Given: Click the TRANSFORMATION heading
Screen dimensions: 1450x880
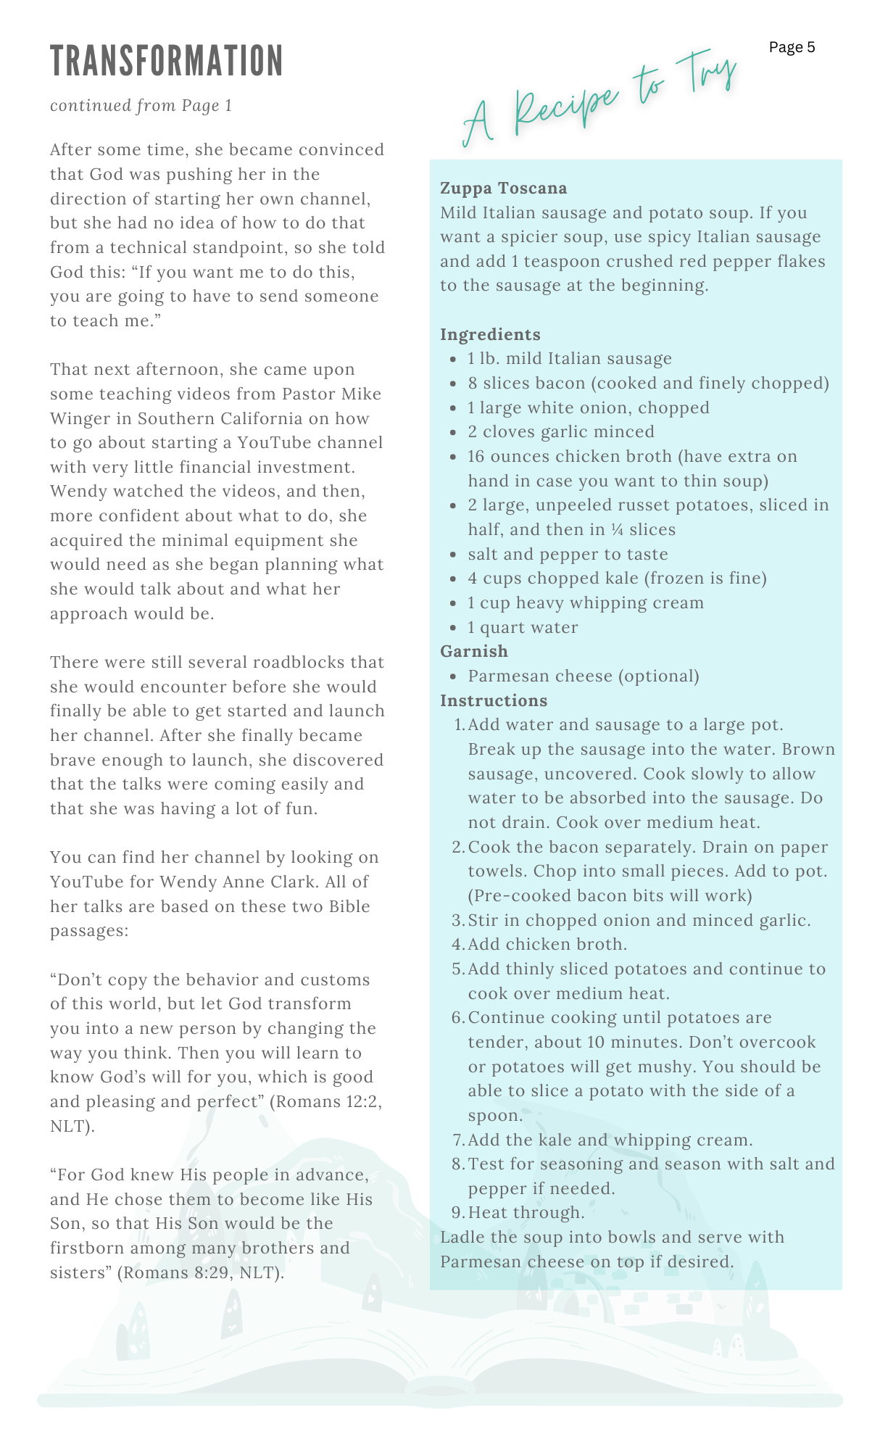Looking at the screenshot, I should tap(167, 61).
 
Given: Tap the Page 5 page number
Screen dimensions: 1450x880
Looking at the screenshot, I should tap(792, 47).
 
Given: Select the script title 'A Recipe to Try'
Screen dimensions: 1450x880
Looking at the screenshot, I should tap(599, 98).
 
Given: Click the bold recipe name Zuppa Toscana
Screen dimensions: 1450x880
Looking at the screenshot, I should tap(503, 188).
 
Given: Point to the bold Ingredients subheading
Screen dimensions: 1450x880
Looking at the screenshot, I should tap(490, 335).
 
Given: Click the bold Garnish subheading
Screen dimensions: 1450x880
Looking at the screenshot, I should tap(473, 652).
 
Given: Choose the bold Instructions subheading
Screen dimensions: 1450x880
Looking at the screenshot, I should tap(494, 701).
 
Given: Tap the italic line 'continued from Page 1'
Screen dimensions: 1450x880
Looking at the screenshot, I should tap(141, 106).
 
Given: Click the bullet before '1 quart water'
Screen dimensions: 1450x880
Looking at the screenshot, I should tap(453, 628).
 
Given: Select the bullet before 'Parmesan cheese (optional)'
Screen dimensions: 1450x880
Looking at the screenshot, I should tap(453, 676).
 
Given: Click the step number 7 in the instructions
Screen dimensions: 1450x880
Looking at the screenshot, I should tap(457, 1140).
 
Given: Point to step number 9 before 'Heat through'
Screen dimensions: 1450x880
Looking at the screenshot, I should tap(457, 1213).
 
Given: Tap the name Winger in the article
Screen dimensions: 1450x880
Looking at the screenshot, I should tap(80, 419).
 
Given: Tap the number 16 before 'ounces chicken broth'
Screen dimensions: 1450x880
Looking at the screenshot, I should tap(476, 457).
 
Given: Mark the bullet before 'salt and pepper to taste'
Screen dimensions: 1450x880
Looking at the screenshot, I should tap(453, 555).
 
